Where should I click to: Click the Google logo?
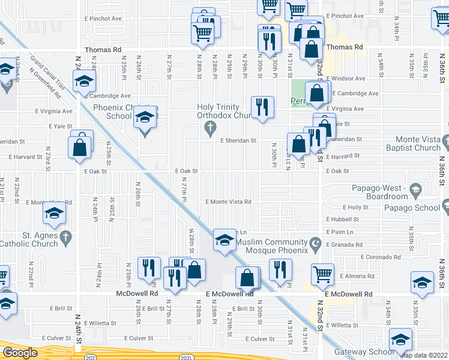(20, 353)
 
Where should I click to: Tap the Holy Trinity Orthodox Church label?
(228, 112)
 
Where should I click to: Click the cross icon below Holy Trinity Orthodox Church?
(209, 128)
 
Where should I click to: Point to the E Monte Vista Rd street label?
(229, 202)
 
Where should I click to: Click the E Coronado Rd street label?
(381, 257)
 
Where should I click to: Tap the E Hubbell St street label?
(342, 220)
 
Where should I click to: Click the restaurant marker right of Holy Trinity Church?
(262, 107)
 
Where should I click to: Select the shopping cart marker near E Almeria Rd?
(322, 274)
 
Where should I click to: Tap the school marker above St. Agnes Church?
(54, 213)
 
